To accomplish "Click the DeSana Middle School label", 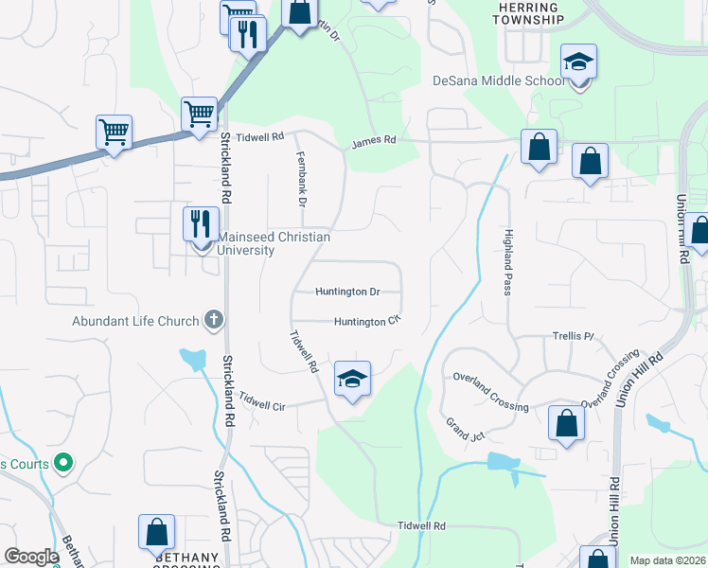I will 498,81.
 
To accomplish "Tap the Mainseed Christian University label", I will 274,243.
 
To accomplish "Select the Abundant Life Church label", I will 135,321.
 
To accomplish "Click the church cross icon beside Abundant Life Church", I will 214,320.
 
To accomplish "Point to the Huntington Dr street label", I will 347,293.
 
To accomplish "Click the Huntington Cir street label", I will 368,322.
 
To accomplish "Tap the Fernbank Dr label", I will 302,180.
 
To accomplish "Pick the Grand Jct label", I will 465,429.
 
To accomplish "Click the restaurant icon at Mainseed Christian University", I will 200,225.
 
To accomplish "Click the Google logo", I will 30,557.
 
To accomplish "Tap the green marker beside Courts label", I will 63,464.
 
